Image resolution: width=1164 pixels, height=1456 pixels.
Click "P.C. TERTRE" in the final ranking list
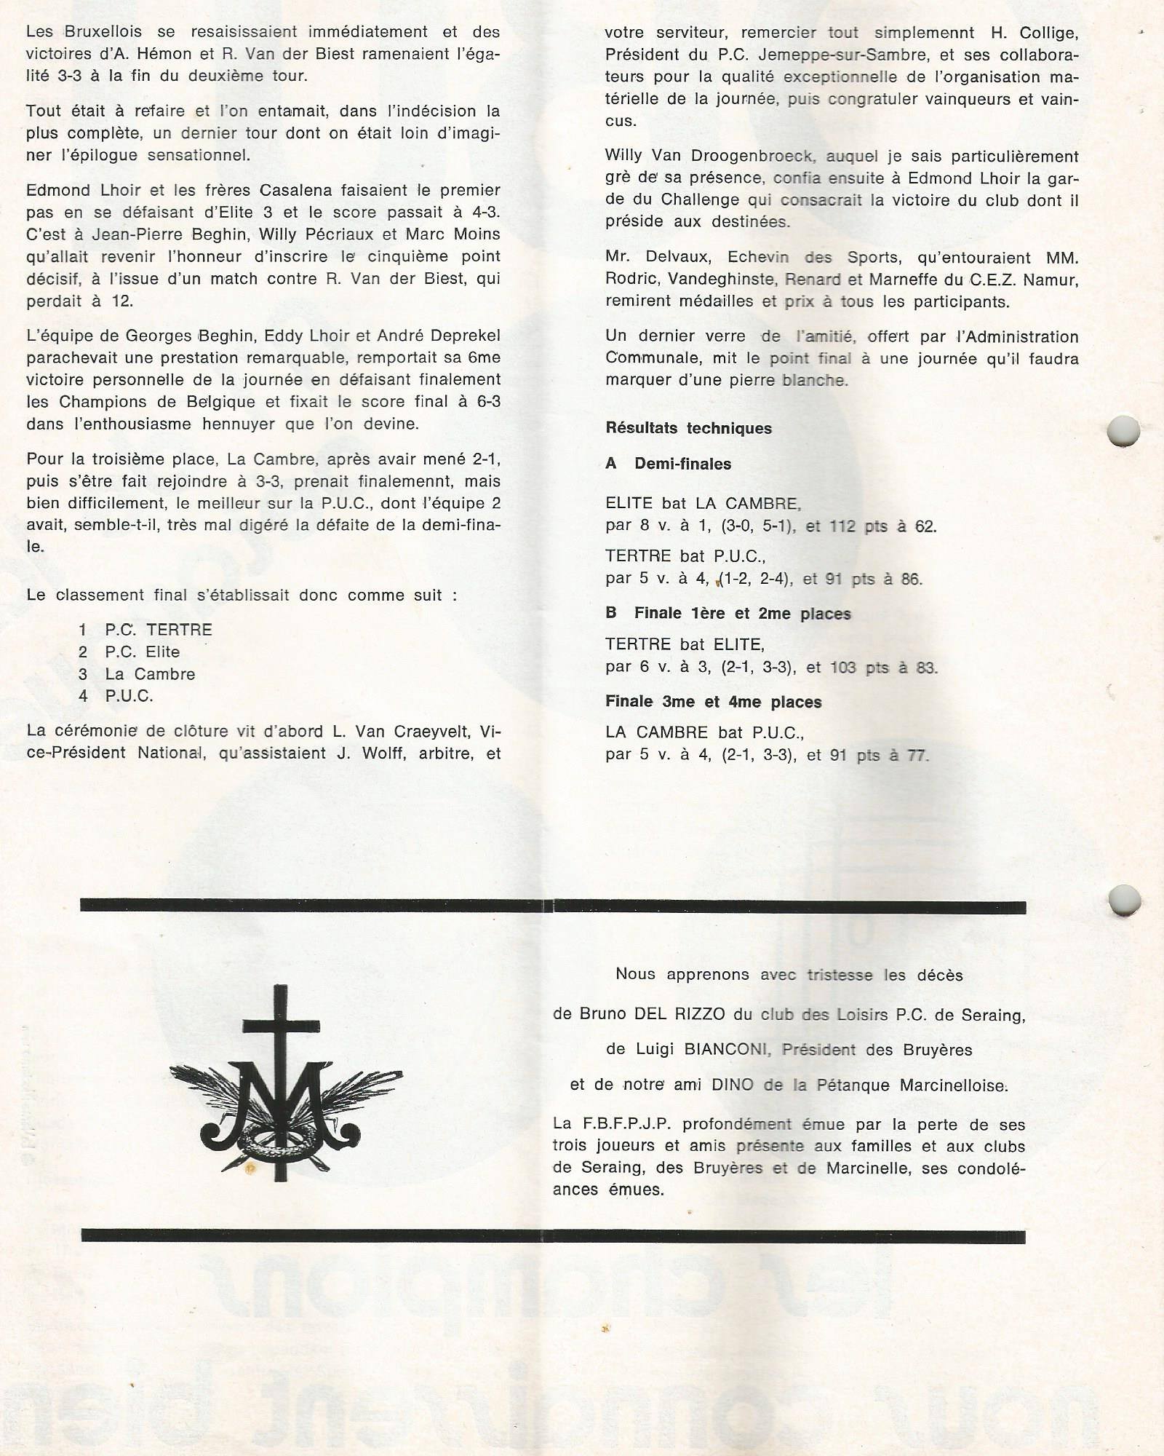[x=159, y=630]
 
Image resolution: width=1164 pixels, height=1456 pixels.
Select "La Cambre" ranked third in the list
[x=150, y=674]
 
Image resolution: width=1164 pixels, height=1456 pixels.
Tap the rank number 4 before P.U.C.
[x=83, y=696]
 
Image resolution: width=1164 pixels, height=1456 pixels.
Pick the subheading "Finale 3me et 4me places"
[x=713, y=702]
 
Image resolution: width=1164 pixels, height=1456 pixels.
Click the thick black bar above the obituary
[x=553, y=906]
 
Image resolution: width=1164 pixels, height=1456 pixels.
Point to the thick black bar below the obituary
[x=553, y=1236]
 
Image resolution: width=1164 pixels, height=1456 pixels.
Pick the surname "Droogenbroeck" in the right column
[x=765, y=157]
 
